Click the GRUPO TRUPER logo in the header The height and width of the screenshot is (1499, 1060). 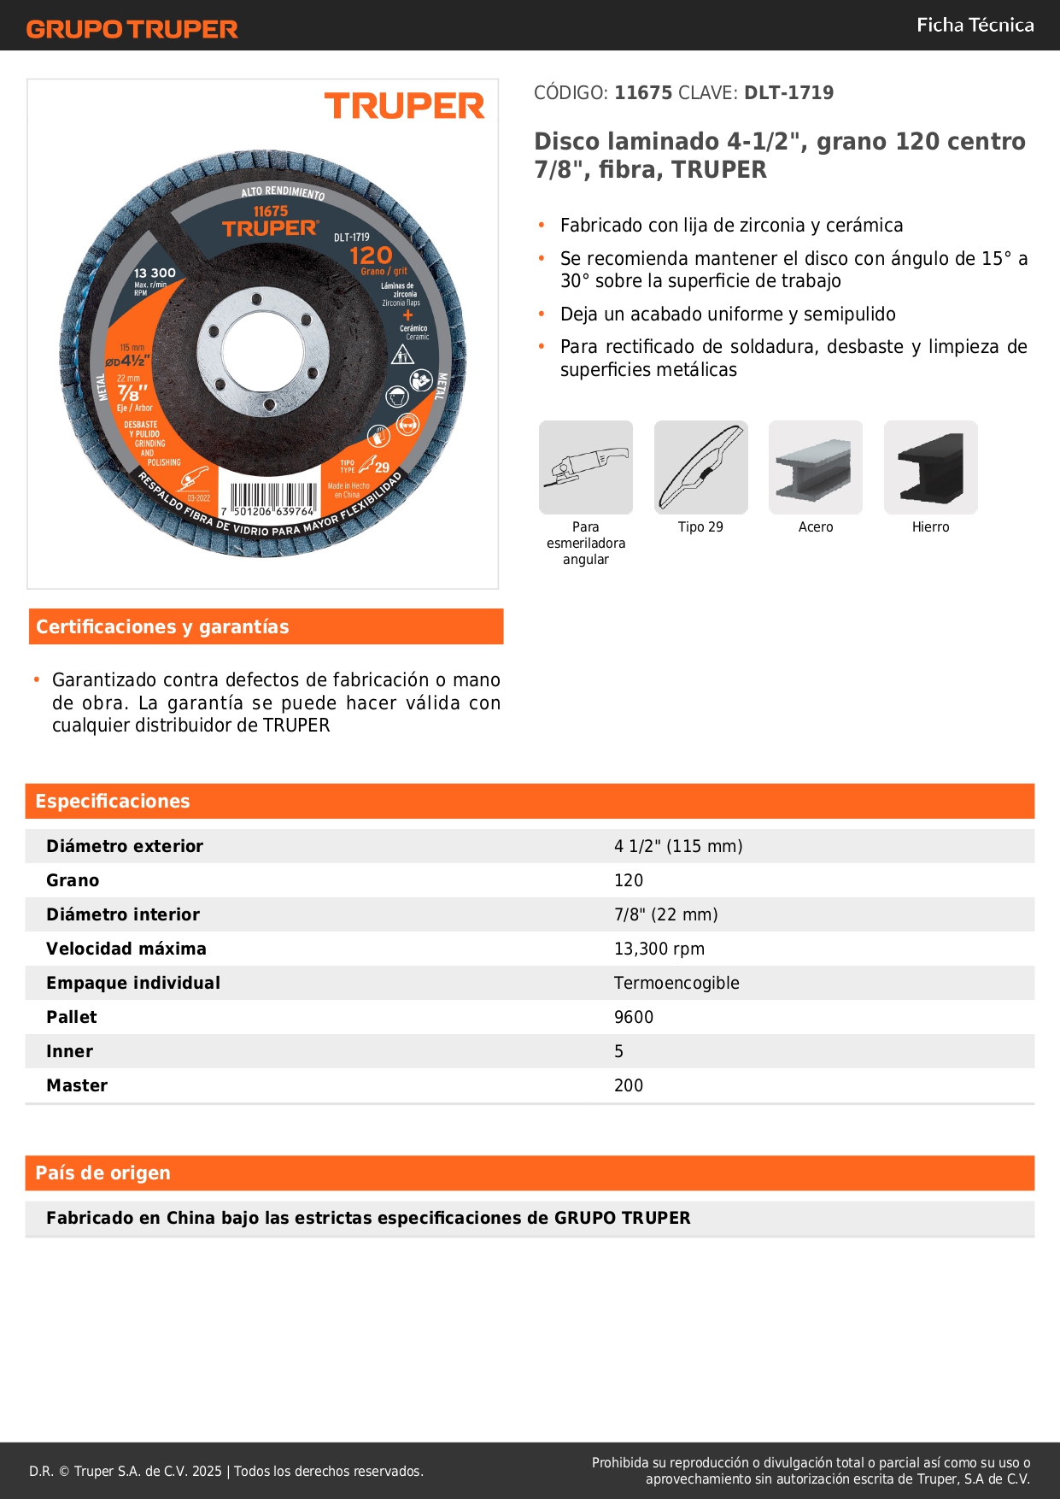pyautogui.click(x=132, y=29)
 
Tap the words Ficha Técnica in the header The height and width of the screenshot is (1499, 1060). pyautogui.click(x=975, y=25)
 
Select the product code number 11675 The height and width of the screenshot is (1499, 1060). pyautogui.click(x=643, y=92)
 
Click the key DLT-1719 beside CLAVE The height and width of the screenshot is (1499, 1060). pyautogui.click(x=788, y=92)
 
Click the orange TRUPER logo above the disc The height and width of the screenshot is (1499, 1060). pyautogui.click(x=404, y=106)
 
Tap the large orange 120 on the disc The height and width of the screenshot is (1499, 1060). pyautogui.click(x=371, y=255)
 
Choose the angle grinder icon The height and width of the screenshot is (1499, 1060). pyautogui.click(x=586, y=467)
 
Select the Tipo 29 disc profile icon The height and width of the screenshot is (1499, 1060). pyautogui.click(x=700, y=467)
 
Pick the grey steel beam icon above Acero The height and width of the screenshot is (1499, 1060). pyautogui.click(x=815, y=467)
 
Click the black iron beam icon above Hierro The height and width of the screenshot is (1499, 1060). pyautogui.click(x=930, y=467)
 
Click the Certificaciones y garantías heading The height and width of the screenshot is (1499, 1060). pyautogui.click(x=162, y=626)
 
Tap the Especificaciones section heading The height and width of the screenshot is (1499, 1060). pyautogui.click(x=113, y=801)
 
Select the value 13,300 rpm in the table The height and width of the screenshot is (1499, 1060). pyautogui.click(x=659, y=949)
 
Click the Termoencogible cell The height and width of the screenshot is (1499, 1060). pyautogui.click(x=676, y=983)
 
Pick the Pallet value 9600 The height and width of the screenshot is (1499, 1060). pyautogui.click(x=634, y=1017)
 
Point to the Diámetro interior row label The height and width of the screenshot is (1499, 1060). pyautogui.click(x=123, y=914)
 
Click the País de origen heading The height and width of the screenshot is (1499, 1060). pyautogui.click(x=102, y=1173)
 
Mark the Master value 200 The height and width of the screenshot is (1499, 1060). pyautogui.click(x=629, y=1085)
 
